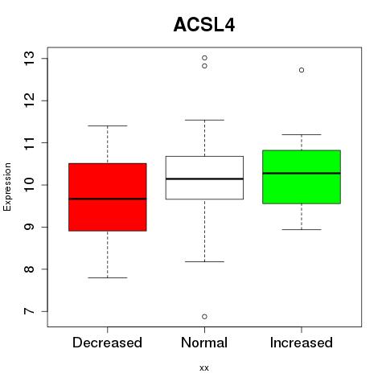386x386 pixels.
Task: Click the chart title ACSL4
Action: [204, 25]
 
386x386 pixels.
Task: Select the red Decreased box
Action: [108, 197]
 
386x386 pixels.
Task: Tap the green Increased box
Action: [302, 177]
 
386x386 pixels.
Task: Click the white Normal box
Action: [204, 178]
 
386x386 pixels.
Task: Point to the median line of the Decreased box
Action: [108, 199]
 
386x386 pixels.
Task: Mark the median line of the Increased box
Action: [302, 173]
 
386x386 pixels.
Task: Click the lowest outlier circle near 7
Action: [204, 317]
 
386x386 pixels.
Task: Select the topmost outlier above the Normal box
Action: [204, 58]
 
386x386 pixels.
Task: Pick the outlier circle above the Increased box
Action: [302, 70]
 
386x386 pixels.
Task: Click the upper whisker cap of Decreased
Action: [108, 125]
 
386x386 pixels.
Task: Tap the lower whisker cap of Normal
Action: [204, 261]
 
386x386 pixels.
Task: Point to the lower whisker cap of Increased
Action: [302, 229]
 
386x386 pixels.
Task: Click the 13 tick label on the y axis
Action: [30, 58]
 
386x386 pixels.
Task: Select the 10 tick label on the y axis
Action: [30, 185]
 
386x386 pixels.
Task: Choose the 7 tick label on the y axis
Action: [30, 311]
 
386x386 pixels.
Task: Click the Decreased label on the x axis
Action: [107, 343]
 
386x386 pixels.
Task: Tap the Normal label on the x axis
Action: [204, 343]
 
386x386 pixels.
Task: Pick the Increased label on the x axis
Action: [302, 343]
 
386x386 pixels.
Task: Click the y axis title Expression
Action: [7, 187]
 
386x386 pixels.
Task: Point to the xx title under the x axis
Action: [204, 368]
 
